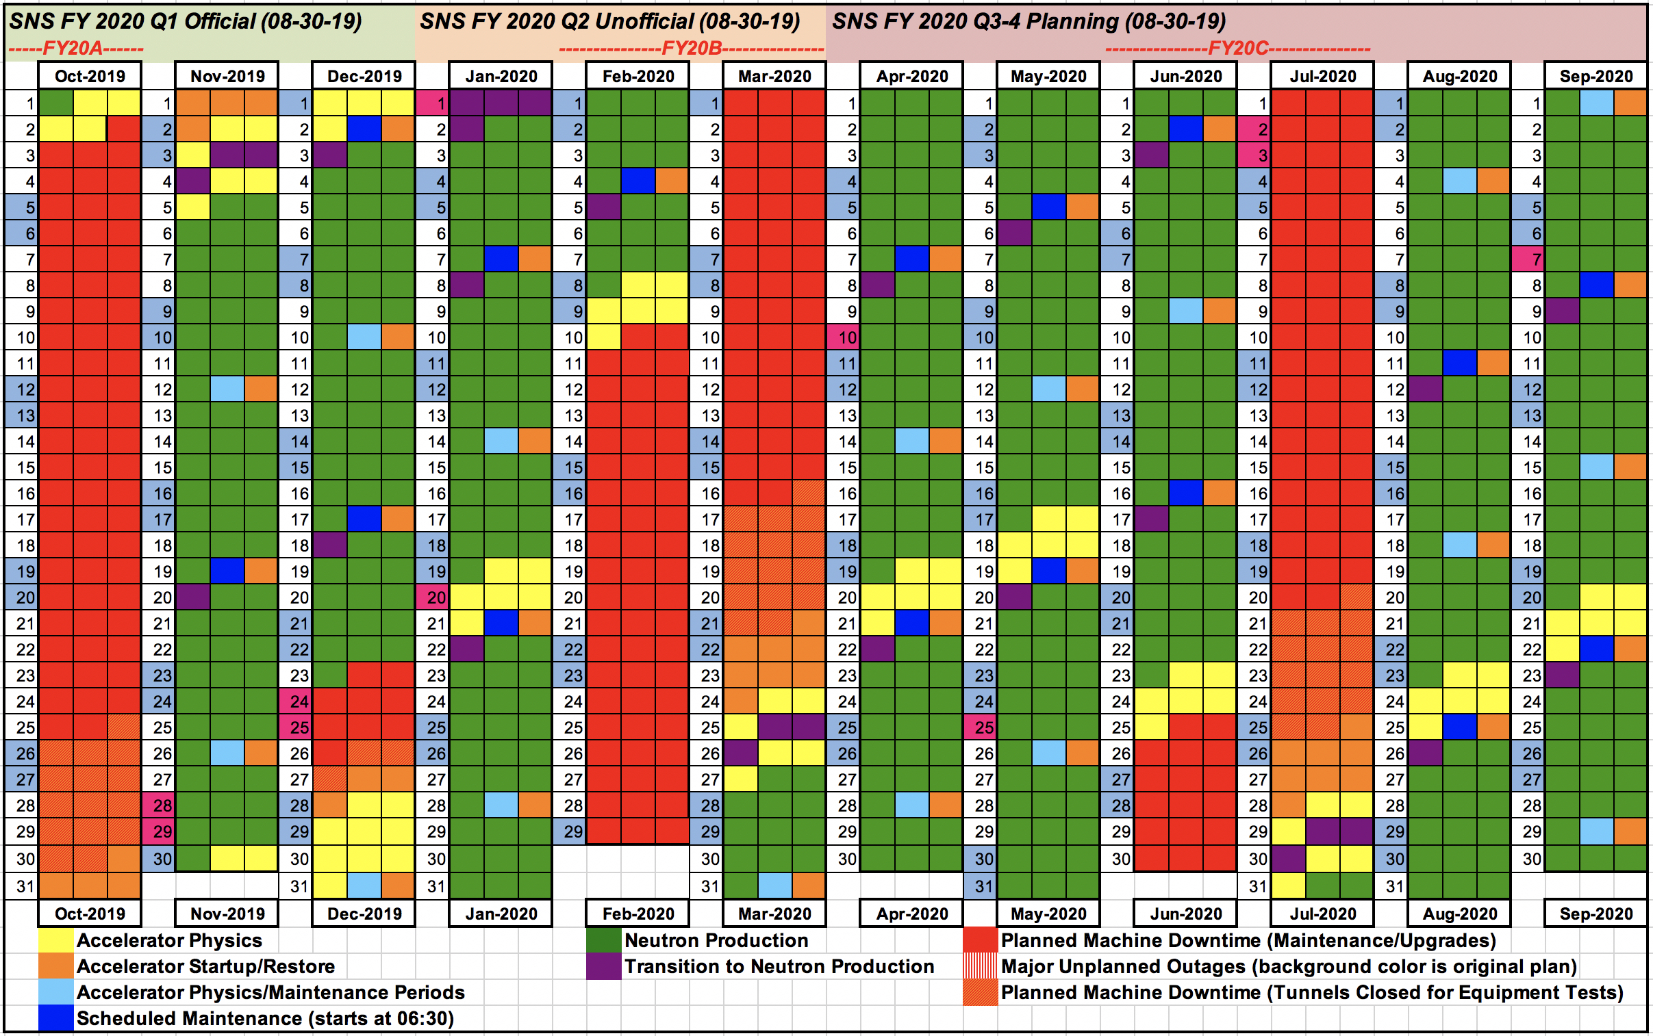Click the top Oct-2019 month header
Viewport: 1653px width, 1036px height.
(x=90, y=76)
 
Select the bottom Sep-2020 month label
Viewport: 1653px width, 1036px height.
(x=1595, y=914)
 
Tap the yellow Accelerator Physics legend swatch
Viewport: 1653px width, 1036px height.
(x=55, y=940)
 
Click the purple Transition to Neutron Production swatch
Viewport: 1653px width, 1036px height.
(x=603, y=966)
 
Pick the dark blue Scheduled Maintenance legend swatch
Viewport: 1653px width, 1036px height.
(x=55, y=1018)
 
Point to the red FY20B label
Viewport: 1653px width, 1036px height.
(x=691, y=49)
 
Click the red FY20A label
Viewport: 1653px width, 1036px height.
(x=75, y=49)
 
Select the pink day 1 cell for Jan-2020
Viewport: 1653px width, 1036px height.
(x=432, y=103)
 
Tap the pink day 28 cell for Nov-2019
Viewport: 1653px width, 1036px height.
(x=158, y=805)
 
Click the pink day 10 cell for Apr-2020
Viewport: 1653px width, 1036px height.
(x=844, y=337)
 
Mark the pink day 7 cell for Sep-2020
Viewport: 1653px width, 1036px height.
(x=1528, y=260)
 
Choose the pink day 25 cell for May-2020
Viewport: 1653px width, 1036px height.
(x=981, y=727)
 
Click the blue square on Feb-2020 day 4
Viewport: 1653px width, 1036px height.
(x=638, y=181)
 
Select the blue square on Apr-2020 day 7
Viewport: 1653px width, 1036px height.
(x=912, y=260)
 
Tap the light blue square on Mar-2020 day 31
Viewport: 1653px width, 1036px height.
(x=774, y=885)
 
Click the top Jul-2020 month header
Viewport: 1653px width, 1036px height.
(x=1322, y=76)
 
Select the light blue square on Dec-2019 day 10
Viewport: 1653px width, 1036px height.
(x=364, y=337)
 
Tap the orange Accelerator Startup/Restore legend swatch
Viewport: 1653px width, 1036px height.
(x=55, y=966)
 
